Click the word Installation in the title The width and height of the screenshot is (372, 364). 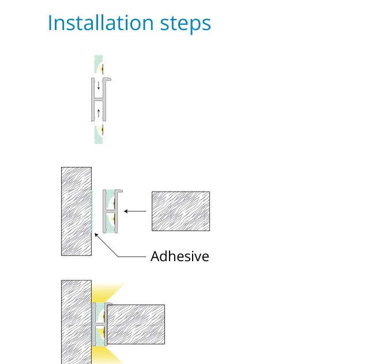click(x=101, y=23)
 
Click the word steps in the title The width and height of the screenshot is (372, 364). click(x=186, y=24)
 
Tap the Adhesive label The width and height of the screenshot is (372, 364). click(x=180, y=256)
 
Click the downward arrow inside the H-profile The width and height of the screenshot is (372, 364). click(x=99, y=86)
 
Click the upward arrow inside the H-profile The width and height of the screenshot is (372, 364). click(x=99, y=113)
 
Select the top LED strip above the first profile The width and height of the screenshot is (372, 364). click(x=99, y=64)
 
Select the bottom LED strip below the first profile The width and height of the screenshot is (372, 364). click(x=99, y=134)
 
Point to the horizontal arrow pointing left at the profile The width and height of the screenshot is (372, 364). click(x=135, y=211)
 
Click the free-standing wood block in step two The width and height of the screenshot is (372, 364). click(x=181, y=211)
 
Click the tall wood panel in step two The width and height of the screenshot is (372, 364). click(x=76, y=211)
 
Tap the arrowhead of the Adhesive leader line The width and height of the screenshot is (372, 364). click(x=96, y=235)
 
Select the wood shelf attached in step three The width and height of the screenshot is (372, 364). click(x=136, y=324)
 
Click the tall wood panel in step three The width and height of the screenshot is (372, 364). click(x=76, y=322)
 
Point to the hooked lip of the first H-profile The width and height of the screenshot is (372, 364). click(x=107, y=79)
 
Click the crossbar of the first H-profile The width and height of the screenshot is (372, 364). click(x=99, y=99)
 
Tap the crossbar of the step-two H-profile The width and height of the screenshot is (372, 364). click(x=110, y=211)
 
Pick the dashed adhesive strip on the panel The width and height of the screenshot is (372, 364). click(x=92, y=211)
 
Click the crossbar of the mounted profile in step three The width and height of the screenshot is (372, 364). click(x=100, y=324)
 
